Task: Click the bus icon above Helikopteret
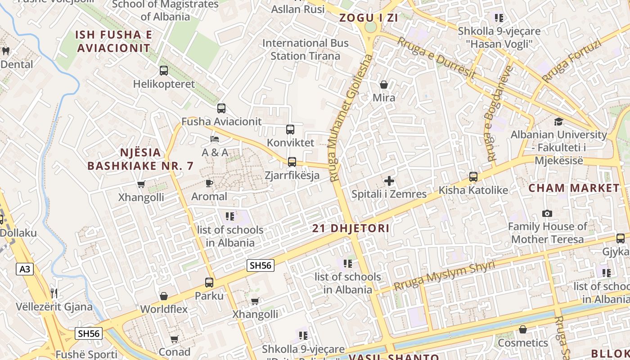[x=164, y=71]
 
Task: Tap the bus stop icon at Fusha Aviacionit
[x=221, y=108]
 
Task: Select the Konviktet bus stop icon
[x=290, y=130]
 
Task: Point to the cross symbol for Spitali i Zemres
[x=389, y=181]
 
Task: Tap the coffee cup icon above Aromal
[x=209, y=183]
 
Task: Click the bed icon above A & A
[x=215, y=139]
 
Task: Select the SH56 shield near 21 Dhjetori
[x=261, y=265]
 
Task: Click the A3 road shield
[x=25, y=269]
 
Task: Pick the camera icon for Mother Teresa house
[x=547, y=213]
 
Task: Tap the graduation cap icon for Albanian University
[x=558, y=121]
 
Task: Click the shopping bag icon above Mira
[x=384, y=85]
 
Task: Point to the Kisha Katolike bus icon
[x=473, y=177]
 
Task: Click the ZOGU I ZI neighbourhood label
[x=369, y=18]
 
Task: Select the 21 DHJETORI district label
[x=351, y=228]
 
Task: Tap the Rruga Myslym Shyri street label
[x=444, y=275]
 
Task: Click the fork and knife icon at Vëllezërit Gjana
[x=54, y=293]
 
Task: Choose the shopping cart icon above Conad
[x=175, y=338]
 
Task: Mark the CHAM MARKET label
[x=574, y=188]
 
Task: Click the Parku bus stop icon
[x=209, y=283]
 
